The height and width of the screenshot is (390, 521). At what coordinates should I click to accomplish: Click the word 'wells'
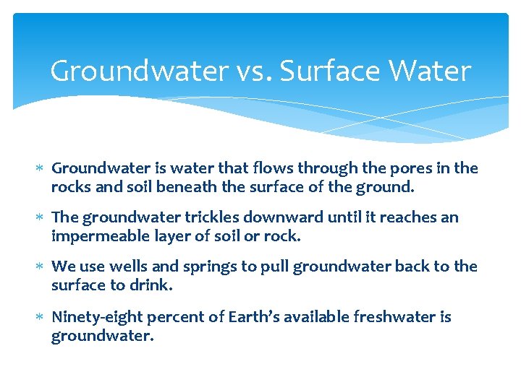[127, 266]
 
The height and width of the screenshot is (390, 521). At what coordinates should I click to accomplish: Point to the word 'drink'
[151, 285]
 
